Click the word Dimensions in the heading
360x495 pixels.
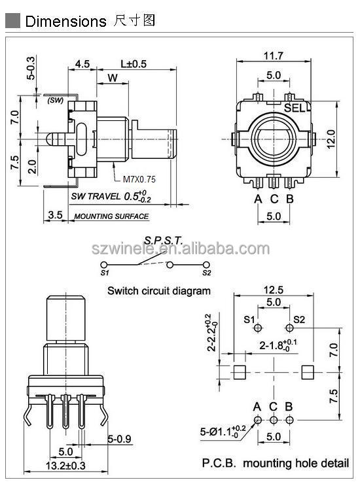pyautogui.click(x=65, y=21)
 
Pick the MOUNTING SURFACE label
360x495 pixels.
pyautogui.click(x=111, y=216)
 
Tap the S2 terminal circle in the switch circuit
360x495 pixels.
pyautogui.click(x=207, y=264)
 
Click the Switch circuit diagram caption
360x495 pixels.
pyautogui.click(x=159, y=291)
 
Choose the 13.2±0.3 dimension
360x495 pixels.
pyautogui.click(x=65, y=466)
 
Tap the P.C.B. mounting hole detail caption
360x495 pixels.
pyautogui.click(x=275, y=464)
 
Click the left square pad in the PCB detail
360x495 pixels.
pyautogui.click(x=240, y=372)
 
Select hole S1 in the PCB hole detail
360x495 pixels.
pyautogui.click(x=259, y=327)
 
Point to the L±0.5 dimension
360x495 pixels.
pyautogui.click(x=134, y=64)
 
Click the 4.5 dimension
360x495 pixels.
pyautogui.click(x=82, y=64)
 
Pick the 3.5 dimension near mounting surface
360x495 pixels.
pyautogui.click(x=56, y=214)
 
